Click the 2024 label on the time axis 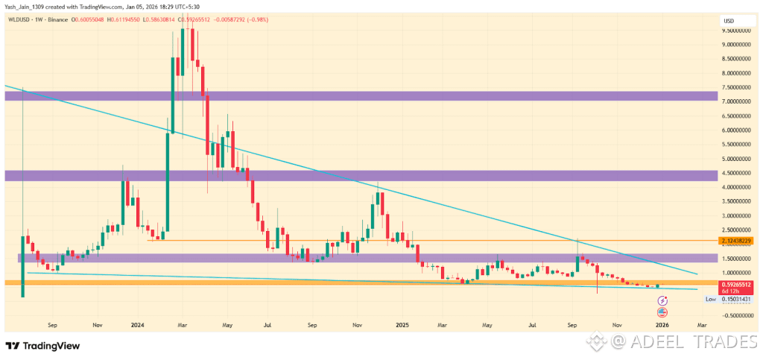tap(136, 325)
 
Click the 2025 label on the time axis tap(402, 325)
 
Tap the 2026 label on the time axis tap(662, 325)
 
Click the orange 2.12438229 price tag tap(738, 241)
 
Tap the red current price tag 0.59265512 tap(738, 285)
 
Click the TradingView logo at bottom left tap(42, 346)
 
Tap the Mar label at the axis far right tap(701, 325)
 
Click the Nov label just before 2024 tap(97, 325)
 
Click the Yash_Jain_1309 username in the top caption tap(28, 7)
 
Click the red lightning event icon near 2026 tap(662, 300)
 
